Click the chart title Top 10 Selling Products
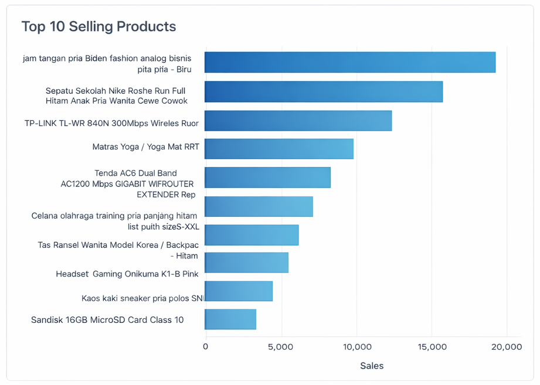(x=99, y=26)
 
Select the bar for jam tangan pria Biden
(x=350, y=62)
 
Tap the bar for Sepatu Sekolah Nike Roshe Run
(x=324, y=92)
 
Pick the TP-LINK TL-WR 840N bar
(x=298, y=121)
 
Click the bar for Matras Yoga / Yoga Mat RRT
(x=279, y=149)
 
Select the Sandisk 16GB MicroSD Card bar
(x=230, y=319)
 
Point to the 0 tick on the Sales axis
(x=206, y=346)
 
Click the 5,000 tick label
(x=281, y=347)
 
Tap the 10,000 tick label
(x=357, y=347)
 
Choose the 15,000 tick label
(x=432, y=347)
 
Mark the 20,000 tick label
(x=507, y=347)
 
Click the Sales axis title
(x=372, y=366)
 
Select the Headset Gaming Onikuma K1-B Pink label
(x=127, y=274)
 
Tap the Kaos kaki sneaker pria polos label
(x=142, y=298)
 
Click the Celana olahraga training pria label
(x=115, y=222)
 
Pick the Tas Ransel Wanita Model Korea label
(x=118, y=250)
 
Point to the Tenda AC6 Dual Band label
(x=127, y=184)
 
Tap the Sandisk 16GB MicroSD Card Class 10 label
(x=107, y=320)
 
